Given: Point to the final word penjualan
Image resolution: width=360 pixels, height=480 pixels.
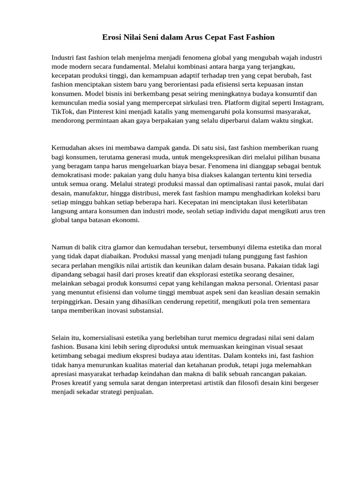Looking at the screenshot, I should pos(137,392).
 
